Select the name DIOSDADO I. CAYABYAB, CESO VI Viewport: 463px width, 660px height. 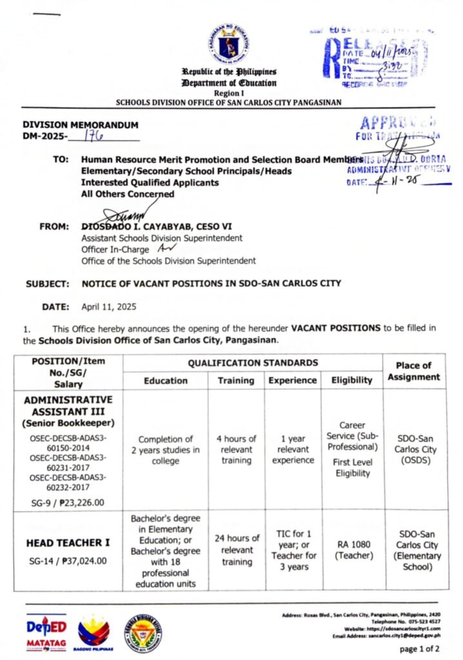coord(149,227)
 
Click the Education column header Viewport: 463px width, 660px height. coord(166,380)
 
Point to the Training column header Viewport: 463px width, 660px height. coord(235,380)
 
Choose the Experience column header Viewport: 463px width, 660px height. coord(293,380)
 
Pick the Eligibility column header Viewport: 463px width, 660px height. coord(351,380)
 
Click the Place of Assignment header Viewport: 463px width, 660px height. coord(413,371)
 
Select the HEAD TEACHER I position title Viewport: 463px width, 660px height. coord(68,543)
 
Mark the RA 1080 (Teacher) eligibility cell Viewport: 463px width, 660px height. coord(352,550)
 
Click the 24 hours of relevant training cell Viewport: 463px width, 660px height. coord(237,550)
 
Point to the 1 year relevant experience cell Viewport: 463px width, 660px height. coord(293,449)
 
